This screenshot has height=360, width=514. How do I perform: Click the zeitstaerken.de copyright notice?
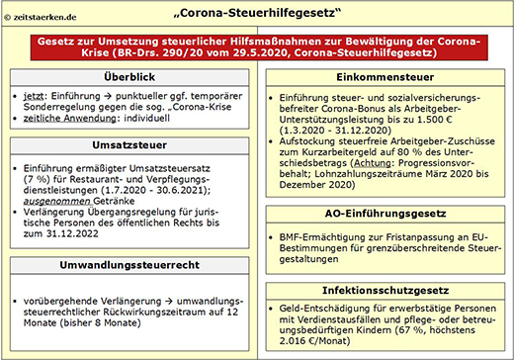(x=41, y=17)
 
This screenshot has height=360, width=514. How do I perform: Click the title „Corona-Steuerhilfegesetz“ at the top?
(x=257, y=13)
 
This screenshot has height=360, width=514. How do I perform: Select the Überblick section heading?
(x=129, y=77)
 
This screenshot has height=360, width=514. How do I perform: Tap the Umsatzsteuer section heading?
(x=129, y=145)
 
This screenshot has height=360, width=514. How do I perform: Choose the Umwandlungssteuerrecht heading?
(x=129, y=265)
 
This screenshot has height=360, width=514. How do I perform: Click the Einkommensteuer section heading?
(x=385, y=77)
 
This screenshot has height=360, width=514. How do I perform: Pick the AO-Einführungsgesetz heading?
(x=385, y=214)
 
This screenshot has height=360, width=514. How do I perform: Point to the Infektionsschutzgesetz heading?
(x=385, y=291)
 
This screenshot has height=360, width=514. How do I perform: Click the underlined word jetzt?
(x=34, y=96)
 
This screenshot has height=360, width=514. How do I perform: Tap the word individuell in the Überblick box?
(x=146, y=118)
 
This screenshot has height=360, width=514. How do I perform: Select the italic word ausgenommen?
(x=56, y=201)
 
